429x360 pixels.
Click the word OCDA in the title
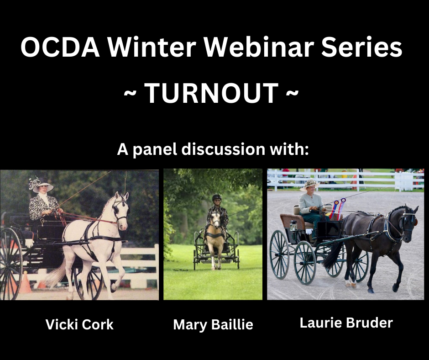click(60, 47)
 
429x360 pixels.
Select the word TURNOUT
click(211, 93)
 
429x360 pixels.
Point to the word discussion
click(223, 149)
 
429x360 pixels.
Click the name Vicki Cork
click(79, 325)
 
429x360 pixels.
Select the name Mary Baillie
click(213, 325)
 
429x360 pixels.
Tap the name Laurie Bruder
click(346, 323)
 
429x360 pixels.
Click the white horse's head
click(121, 210)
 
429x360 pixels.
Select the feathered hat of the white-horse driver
click(41, 184)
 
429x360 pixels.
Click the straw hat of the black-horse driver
click(310, 185)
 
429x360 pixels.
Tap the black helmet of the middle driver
click(217, 197)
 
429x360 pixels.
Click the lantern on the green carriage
click(293, 226)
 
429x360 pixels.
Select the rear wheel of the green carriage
click(279, 254)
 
